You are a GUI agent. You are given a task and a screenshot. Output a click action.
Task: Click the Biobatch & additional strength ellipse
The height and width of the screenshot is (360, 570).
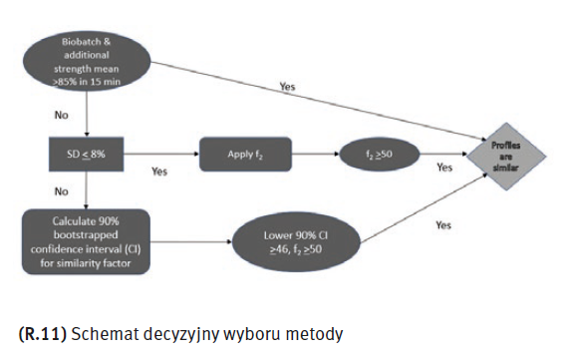click(87, 61)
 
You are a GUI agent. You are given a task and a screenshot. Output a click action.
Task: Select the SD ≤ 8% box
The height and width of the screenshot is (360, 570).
click(86, 154)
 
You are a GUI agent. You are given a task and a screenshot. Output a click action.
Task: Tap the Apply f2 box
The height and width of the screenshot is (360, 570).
click(245, 154)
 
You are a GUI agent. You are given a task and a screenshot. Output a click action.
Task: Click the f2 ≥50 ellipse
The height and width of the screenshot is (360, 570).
click(379, 154)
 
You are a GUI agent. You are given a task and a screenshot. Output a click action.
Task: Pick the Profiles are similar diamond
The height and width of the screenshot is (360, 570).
click(505, 157)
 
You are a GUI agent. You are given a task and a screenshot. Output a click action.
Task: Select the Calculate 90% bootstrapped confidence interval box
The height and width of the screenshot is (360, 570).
click(86, 241)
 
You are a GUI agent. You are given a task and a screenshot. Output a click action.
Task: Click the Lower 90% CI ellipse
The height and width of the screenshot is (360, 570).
click(296, 241)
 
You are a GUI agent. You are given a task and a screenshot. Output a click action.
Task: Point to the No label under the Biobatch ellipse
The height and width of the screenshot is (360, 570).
click(62, 115)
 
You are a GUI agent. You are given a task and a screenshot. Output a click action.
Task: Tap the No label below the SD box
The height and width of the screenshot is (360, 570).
click(62, 191)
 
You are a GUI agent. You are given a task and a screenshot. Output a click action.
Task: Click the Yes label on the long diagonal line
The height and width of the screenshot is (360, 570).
click(288, 87)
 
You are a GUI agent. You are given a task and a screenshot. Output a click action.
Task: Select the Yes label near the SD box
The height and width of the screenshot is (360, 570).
click(159, 172)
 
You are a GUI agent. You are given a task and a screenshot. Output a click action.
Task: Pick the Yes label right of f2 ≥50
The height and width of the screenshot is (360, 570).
click(444, 168)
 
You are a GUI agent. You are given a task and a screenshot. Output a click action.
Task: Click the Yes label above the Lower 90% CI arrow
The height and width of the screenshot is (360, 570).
click(443, 225)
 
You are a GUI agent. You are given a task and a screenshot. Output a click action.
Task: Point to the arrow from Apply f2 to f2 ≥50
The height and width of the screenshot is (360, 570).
click(315, 154)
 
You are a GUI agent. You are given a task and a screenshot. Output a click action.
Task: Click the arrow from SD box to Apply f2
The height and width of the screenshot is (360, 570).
click(161, 154)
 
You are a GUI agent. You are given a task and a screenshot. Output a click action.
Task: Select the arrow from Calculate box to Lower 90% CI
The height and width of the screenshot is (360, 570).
click(191, 241)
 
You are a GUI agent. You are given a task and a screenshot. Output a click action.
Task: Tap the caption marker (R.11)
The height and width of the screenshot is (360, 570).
click(43, 334)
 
